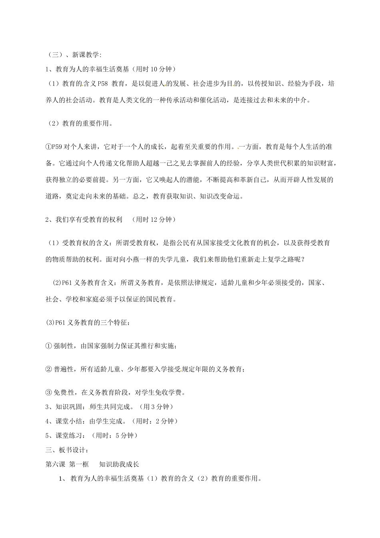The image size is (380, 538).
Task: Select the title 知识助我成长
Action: coord(119,464)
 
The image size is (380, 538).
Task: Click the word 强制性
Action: coord(64,345)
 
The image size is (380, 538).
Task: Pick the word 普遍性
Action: coord(64,369)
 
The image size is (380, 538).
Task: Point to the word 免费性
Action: coord(64,393)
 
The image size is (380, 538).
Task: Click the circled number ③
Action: coord(49,393)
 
